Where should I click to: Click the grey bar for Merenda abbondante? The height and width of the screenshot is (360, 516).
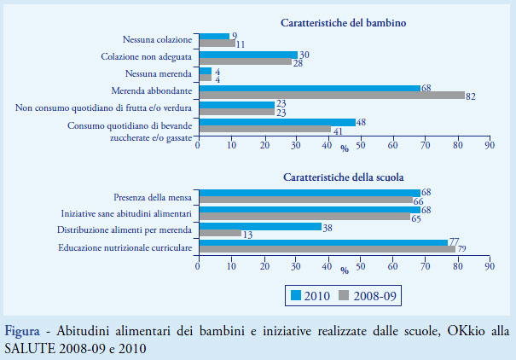[331, 95]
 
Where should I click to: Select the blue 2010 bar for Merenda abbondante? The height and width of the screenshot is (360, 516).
[308, 88]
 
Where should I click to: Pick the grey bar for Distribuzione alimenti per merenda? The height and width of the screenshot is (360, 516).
[218, 233]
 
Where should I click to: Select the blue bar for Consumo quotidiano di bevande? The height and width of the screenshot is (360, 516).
[275, 122]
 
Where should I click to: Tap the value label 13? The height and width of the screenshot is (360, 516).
[247, 233]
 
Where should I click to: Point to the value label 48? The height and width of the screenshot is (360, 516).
[361, 122]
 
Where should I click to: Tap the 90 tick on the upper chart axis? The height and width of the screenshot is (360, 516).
[489, 144]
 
